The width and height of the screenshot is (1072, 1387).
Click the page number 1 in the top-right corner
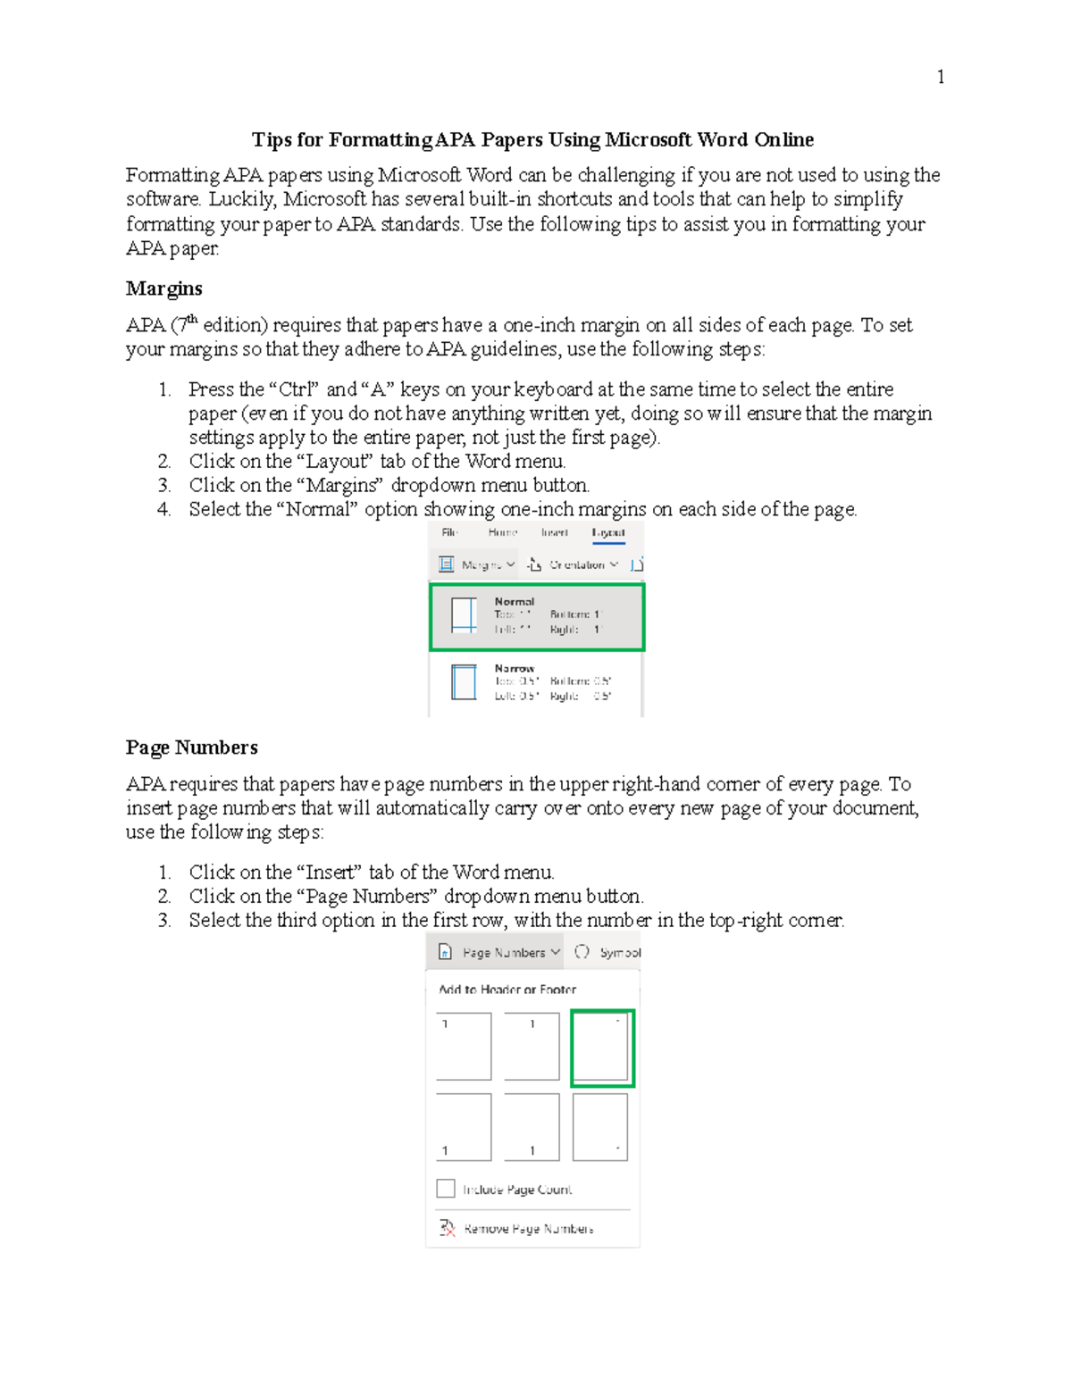tap(940, 77)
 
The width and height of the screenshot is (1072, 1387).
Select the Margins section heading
tap(163, 288)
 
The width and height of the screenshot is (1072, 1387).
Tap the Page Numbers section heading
tap(191, 748)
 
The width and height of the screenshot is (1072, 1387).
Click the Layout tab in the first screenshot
tap(608, 532)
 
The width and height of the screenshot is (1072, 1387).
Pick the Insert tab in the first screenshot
tap(554, 532)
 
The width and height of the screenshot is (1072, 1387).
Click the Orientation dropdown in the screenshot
tap(574, 564)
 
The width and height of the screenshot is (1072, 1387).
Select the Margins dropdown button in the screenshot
tap(478, 564)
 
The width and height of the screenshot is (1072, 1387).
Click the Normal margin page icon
tap(464, 616)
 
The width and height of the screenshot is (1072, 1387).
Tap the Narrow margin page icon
tap(464, 682)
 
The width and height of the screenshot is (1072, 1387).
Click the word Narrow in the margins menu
tap(515, 668)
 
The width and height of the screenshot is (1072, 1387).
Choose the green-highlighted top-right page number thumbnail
tap(602, 1048)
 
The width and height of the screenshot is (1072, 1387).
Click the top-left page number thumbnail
tap(464, 1046)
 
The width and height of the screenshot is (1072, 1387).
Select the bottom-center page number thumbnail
tap(532, 1127)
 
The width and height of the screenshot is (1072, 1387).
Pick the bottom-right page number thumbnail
tap(600, 1127)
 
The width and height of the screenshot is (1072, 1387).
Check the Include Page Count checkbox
tap(446, 1189)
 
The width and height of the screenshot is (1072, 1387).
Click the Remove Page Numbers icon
tap(448, 1228)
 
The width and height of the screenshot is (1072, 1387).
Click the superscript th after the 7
tap(191, 319)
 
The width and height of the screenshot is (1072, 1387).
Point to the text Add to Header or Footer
tap(507, 990)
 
